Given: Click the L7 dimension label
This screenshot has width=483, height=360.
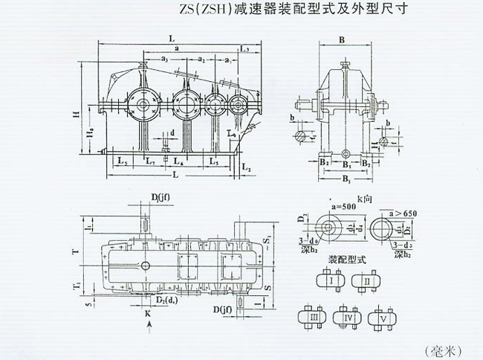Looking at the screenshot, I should pyautogui.click(x=150, y=160).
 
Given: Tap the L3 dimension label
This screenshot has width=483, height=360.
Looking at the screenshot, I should pyautogui.click(x=245, y=48).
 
